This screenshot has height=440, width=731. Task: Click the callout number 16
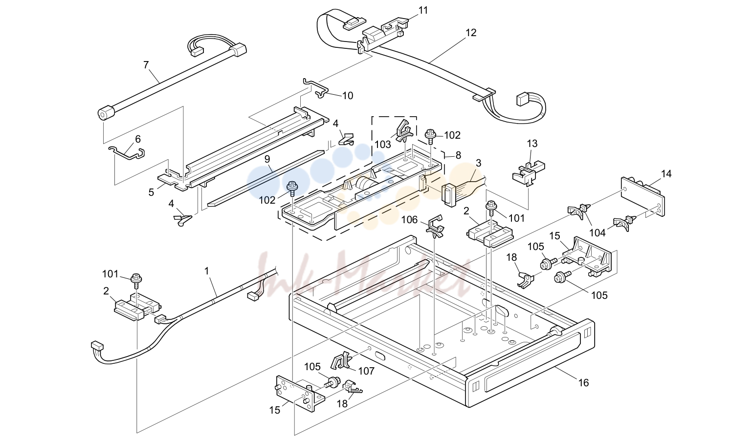[x=583, y=383]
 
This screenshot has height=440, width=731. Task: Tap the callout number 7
[x=146, y=65]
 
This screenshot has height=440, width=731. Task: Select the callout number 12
[x=471, y=33]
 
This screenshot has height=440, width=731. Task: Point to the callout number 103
[x=383, y=145]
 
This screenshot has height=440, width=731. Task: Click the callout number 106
[x=410, y=220]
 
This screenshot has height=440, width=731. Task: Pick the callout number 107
[x=366, y=371]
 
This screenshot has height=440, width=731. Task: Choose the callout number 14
[x=666, y=174]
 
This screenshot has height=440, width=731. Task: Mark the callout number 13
[x=532, y=144]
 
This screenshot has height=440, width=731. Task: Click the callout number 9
[x=267, y=159]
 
